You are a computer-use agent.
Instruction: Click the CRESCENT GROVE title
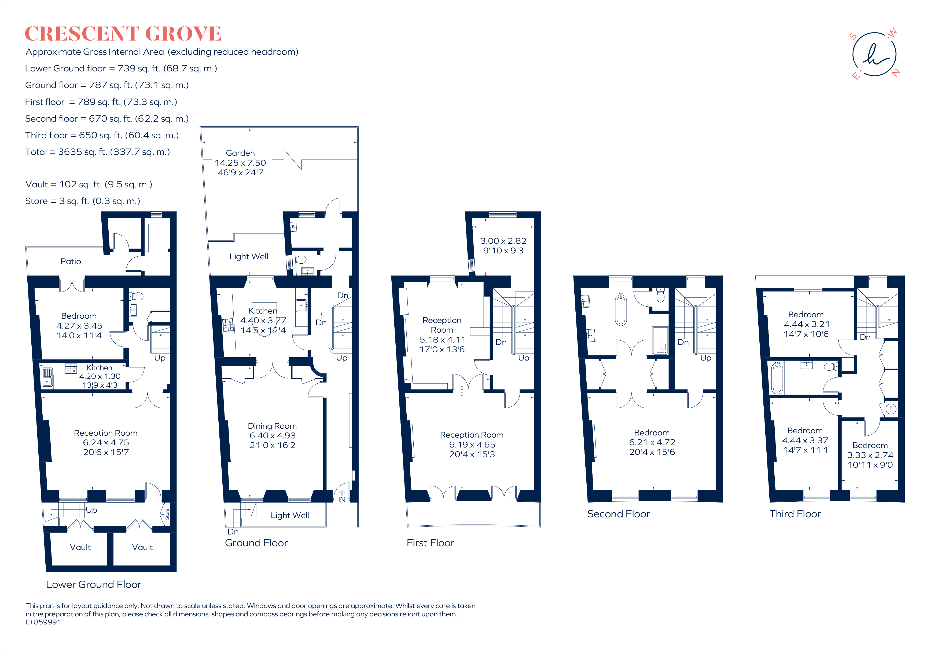[x=123, y=34]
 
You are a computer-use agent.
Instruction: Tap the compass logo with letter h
[x=874, y=54]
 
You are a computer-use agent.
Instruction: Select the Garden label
[x=240, y=153]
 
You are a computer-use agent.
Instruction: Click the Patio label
[x=71, y=261]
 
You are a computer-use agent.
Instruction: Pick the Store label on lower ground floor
[x=167, y=514]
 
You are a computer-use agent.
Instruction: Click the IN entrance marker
[x=342, y=500]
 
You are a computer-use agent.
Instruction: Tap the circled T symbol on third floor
[x=891, y=409]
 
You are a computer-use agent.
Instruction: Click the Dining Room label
[x=272, y=426]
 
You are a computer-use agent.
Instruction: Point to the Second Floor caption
[x=619, y=514]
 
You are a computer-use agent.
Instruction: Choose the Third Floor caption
[x=795, y=514]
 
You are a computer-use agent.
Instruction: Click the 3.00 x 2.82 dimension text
[x=503, y=241]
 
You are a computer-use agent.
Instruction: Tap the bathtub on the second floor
[x=621, y=310]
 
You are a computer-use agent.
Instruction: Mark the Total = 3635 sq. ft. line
[x=98, y=152]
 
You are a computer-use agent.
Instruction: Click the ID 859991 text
[x=43, y=622]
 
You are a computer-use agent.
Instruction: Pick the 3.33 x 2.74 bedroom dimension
[x=870, y=455]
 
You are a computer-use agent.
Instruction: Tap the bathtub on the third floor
[x=777, y=379]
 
